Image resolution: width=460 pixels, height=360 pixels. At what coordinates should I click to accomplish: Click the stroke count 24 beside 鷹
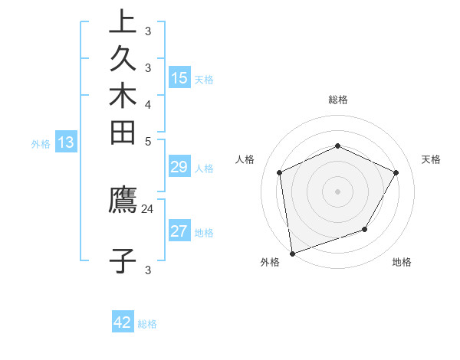point(147,208)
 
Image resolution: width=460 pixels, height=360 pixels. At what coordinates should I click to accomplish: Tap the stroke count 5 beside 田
point(148,141)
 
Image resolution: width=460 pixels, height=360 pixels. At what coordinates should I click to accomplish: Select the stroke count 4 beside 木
point(148,104)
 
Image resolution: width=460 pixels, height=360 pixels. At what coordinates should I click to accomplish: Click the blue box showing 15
point(179,78)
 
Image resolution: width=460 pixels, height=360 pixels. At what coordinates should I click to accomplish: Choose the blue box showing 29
point(179,168)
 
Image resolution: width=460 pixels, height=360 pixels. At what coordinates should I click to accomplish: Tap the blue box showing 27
point(179,231)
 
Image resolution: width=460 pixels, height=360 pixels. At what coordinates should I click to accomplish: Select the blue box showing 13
point(66,142)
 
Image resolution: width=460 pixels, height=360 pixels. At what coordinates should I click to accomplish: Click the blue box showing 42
point(123,322)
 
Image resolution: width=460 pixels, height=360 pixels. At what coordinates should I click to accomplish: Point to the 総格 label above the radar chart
point(338,100)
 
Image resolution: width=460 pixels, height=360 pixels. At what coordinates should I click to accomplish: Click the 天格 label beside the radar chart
point(431,159)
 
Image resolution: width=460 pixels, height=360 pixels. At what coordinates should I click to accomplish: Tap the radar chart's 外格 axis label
point(270,263)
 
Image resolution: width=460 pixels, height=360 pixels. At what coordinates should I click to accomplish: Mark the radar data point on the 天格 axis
point(396,172)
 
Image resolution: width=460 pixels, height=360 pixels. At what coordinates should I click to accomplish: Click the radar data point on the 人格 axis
point(280,172)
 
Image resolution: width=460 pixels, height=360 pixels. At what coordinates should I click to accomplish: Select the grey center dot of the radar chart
point(338,191)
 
